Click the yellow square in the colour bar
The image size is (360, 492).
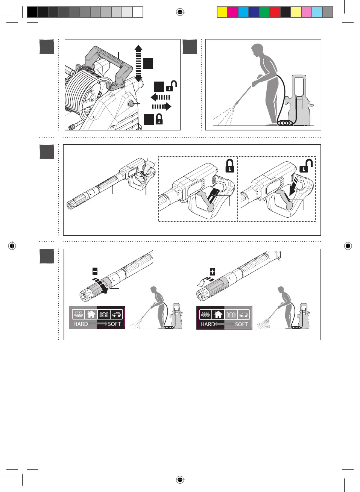[x=222, y=12]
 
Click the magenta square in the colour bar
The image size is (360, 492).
[x=233, y=12]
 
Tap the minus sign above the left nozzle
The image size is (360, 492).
[x=95, y=271]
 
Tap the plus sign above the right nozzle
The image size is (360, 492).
[x=213, y=271]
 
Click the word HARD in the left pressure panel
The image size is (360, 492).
[x=81, y=324]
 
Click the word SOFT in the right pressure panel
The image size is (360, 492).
[x=242, y=324]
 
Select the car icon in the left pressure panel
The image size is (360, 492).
[x=117, y=314]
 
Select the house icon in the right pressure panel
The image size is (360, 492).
[x=218, y=314]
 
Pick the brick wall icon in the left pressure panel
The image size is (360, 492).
[x=78, y=314]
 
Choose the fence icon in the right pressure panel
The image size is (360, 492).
[x=231, y=314]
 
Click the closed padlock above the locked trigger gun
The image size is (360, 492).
[x=229, y=166]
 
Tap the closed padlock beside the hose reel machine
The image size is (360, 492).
[x=159, y=119]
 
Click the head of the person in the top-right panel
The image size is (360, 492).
[x=257, y=50]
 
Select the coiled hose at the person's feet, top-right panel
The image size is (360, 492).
[x=286, y=123]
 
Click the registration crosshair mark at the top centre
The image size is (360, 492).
[x=180, y=12]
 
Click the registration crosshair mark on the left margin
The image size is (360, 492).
[x=12, y=246]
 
